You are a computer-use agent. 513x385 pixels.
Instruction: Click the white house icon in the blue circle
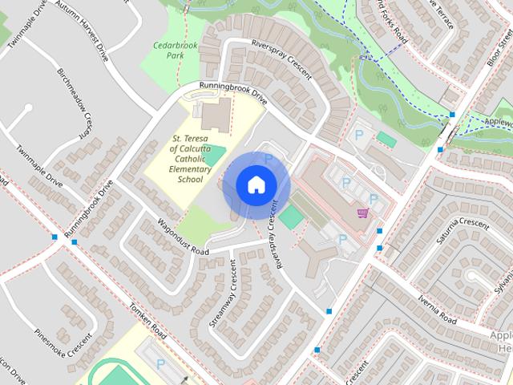coord(256,184)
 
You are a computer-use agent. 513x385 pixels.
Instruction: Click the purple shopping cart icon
coord(362,213)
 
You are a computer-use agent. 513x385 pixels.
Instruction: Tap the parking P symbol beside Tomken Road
coord(160,364)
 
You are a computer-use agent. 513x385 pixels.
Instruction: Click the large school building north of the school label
coord(214,116)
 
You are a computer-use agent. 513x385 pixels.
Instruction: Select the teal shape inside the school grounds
coord(214,155)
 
